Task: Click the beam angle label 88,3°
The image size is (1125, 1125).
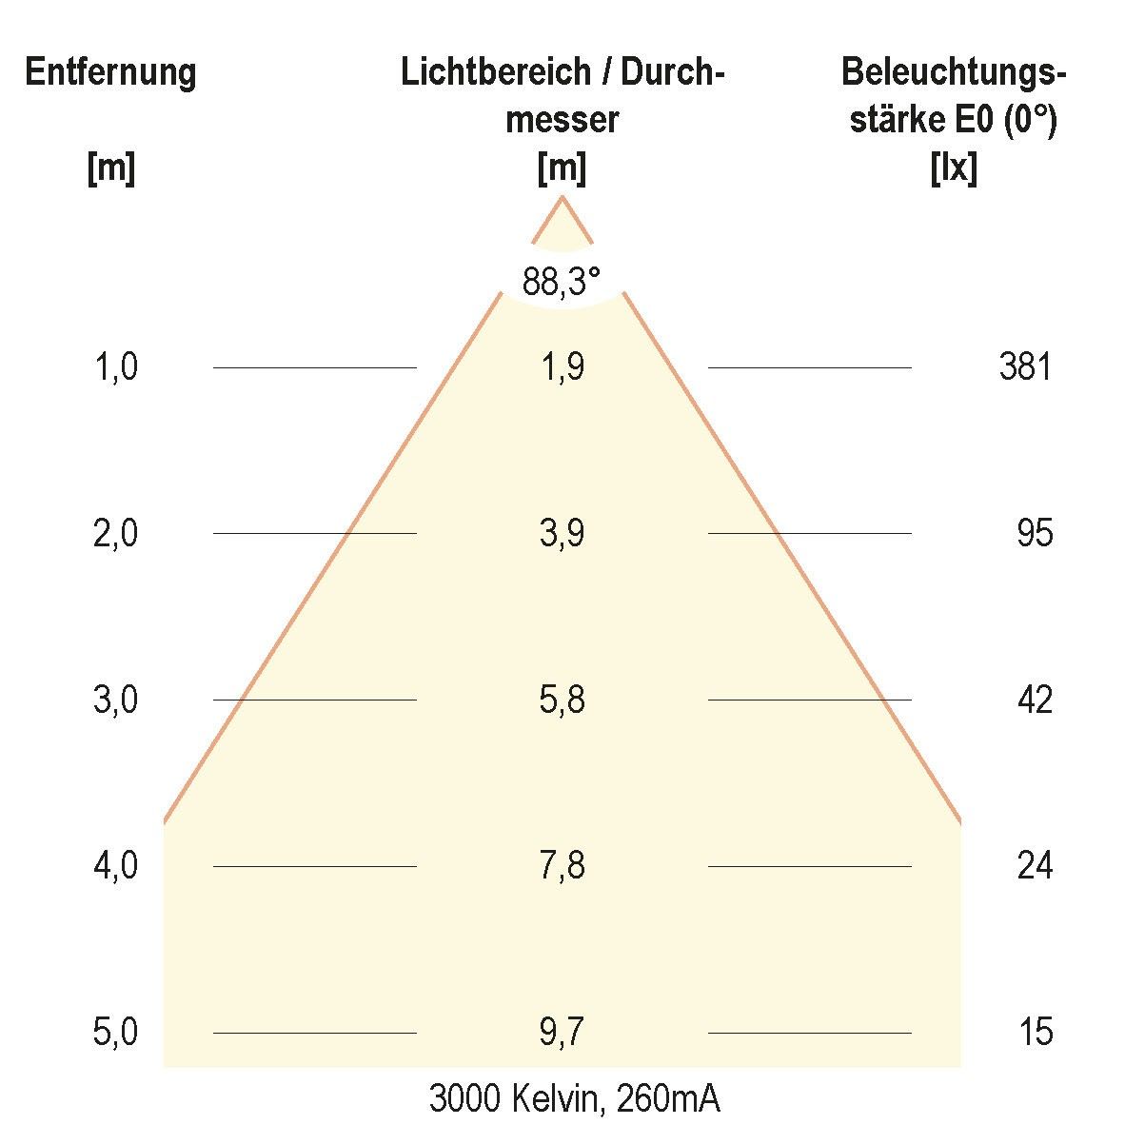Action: (562, 282)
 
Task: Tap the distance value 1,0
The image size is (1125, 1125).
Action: (116, 366)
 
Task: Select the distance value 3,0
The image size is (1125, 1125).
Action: (116, 700)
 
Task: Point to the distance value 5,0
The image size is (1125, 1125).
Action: (116, 1032)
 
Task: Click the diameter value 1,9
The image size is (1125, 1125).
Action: (562, 366)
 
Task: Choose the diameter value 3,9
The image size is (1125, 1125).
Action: (562, 533)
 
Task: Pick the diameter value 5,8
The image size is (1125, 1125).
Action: (562, 700)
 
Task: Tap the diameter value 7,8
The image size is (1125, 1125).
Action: (562, 866)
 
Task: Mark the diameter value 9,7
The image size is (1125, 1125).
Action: (562, 1032)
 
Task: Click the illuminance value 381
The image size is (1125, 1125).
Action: (1025, 366)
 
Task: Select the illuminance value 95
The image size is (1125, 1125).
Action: (1035, 533)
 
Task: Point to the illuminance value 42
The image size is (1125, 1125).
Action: (1035, 700)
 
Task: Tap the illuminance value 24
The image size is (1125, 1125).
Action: (1035, 866)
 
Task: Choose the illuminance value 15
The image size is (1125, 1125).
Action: (1035, 1032)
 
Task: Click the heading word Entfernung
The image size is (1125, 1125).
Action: (110, 73)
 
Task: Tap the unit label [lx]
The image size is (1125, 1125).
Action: (954, 169)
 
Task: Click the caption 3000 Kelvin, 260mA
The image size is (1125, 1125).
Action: (574, 1099)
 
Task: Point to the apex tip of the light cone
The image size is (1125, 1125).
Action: (562, 197)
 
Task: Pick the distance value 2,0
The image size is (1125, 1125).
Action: (116, 533)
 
